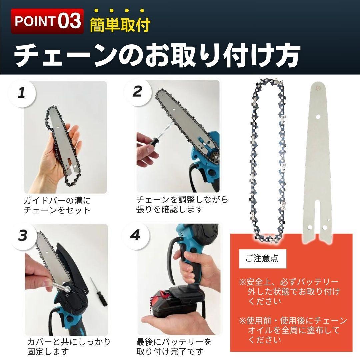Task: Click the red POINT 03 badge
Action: tap(47, 21)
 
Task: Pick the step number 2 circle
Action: tap(137, 92)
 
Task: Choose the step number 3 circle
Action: tap(23, 235)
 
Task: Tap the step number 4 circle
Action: tap(135, 235)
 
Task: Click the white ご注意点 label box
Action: tap(262, 259)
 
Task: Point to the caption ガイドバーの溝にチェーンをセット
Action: tap(57, 205)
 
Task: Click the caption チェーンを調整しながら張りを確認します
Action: tap(182, 204)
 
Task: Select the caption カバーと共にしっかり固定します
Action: tap(69, 346)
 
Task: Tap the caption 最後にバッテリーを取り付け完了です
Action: tap(174, 346)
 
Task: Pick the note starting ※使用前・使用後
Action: tap(293, 330)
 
